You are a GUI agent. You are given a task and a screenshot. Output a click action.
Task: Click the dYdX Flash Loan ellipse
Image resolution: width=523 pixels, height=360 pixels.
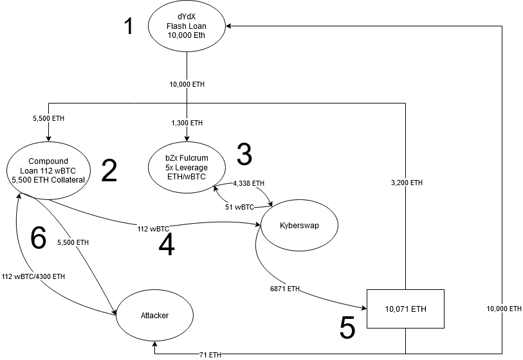click(x=186, y=26)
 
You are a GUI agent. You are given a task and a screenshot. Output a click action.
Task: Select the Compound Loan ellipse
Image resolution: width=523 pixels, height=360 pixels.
click(x=49, y=170)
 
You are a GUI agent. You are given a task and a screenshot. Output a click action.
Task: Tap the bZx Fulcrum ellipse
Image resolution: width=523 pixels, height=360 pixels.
click(x=187, y=166)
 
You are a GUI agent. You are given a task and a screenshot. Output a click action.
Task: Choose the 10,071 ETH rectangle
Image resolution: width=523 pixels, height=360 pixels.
click(x=405, y=309)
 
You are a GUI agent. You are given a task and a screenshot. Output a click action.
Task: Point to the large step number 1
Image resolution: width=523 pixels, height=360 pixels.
click(x=129, y=26)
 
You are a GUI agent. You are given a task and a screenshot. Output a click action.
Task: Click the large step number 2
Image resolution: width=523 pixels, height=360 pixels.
click(x=109, y=170)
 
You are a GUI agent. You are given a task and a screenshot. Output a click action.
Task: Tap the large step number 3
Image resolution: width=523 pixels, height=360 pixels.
click(x=244, y=154)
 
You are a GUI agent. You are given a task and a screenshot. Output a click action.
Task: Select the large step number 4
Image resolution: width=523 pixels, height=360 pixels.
click(x=166, y=246)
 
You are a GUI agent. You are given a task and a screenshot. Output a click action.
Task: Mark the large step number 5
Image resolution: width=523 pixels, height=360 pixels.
click(x=347, y=328)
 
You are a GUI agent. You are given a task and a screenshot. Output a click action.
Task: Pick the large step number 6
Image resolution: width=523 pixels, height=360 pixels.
click(x=39, y=239)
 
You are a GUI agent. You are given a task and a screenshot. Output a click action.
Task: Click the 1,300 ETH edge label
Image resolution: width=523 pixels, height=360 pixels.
click(x=187, y=122)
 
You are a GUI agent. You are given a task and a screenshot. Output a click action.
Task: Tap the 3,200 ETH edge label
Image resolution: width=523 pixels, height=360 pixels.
click(x=407, y=183)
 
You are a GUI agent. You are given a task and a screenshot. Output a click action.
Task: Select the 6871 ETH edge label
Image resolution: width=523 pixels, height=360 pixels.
click(x=284, y=289)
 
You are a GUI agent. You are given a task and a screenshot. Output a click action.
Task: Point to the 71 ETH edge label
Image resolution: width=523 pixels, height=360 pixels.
click(x=210, y=354)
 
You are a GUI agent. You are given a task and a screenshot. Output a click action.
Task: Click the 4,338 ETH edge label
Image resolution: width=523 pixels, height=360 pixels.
click(x=249, y=183)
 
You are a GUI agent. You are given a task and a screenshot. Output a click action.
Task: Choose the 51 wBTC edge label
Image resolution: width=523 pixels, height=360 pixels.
click(x=239, y=207)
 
